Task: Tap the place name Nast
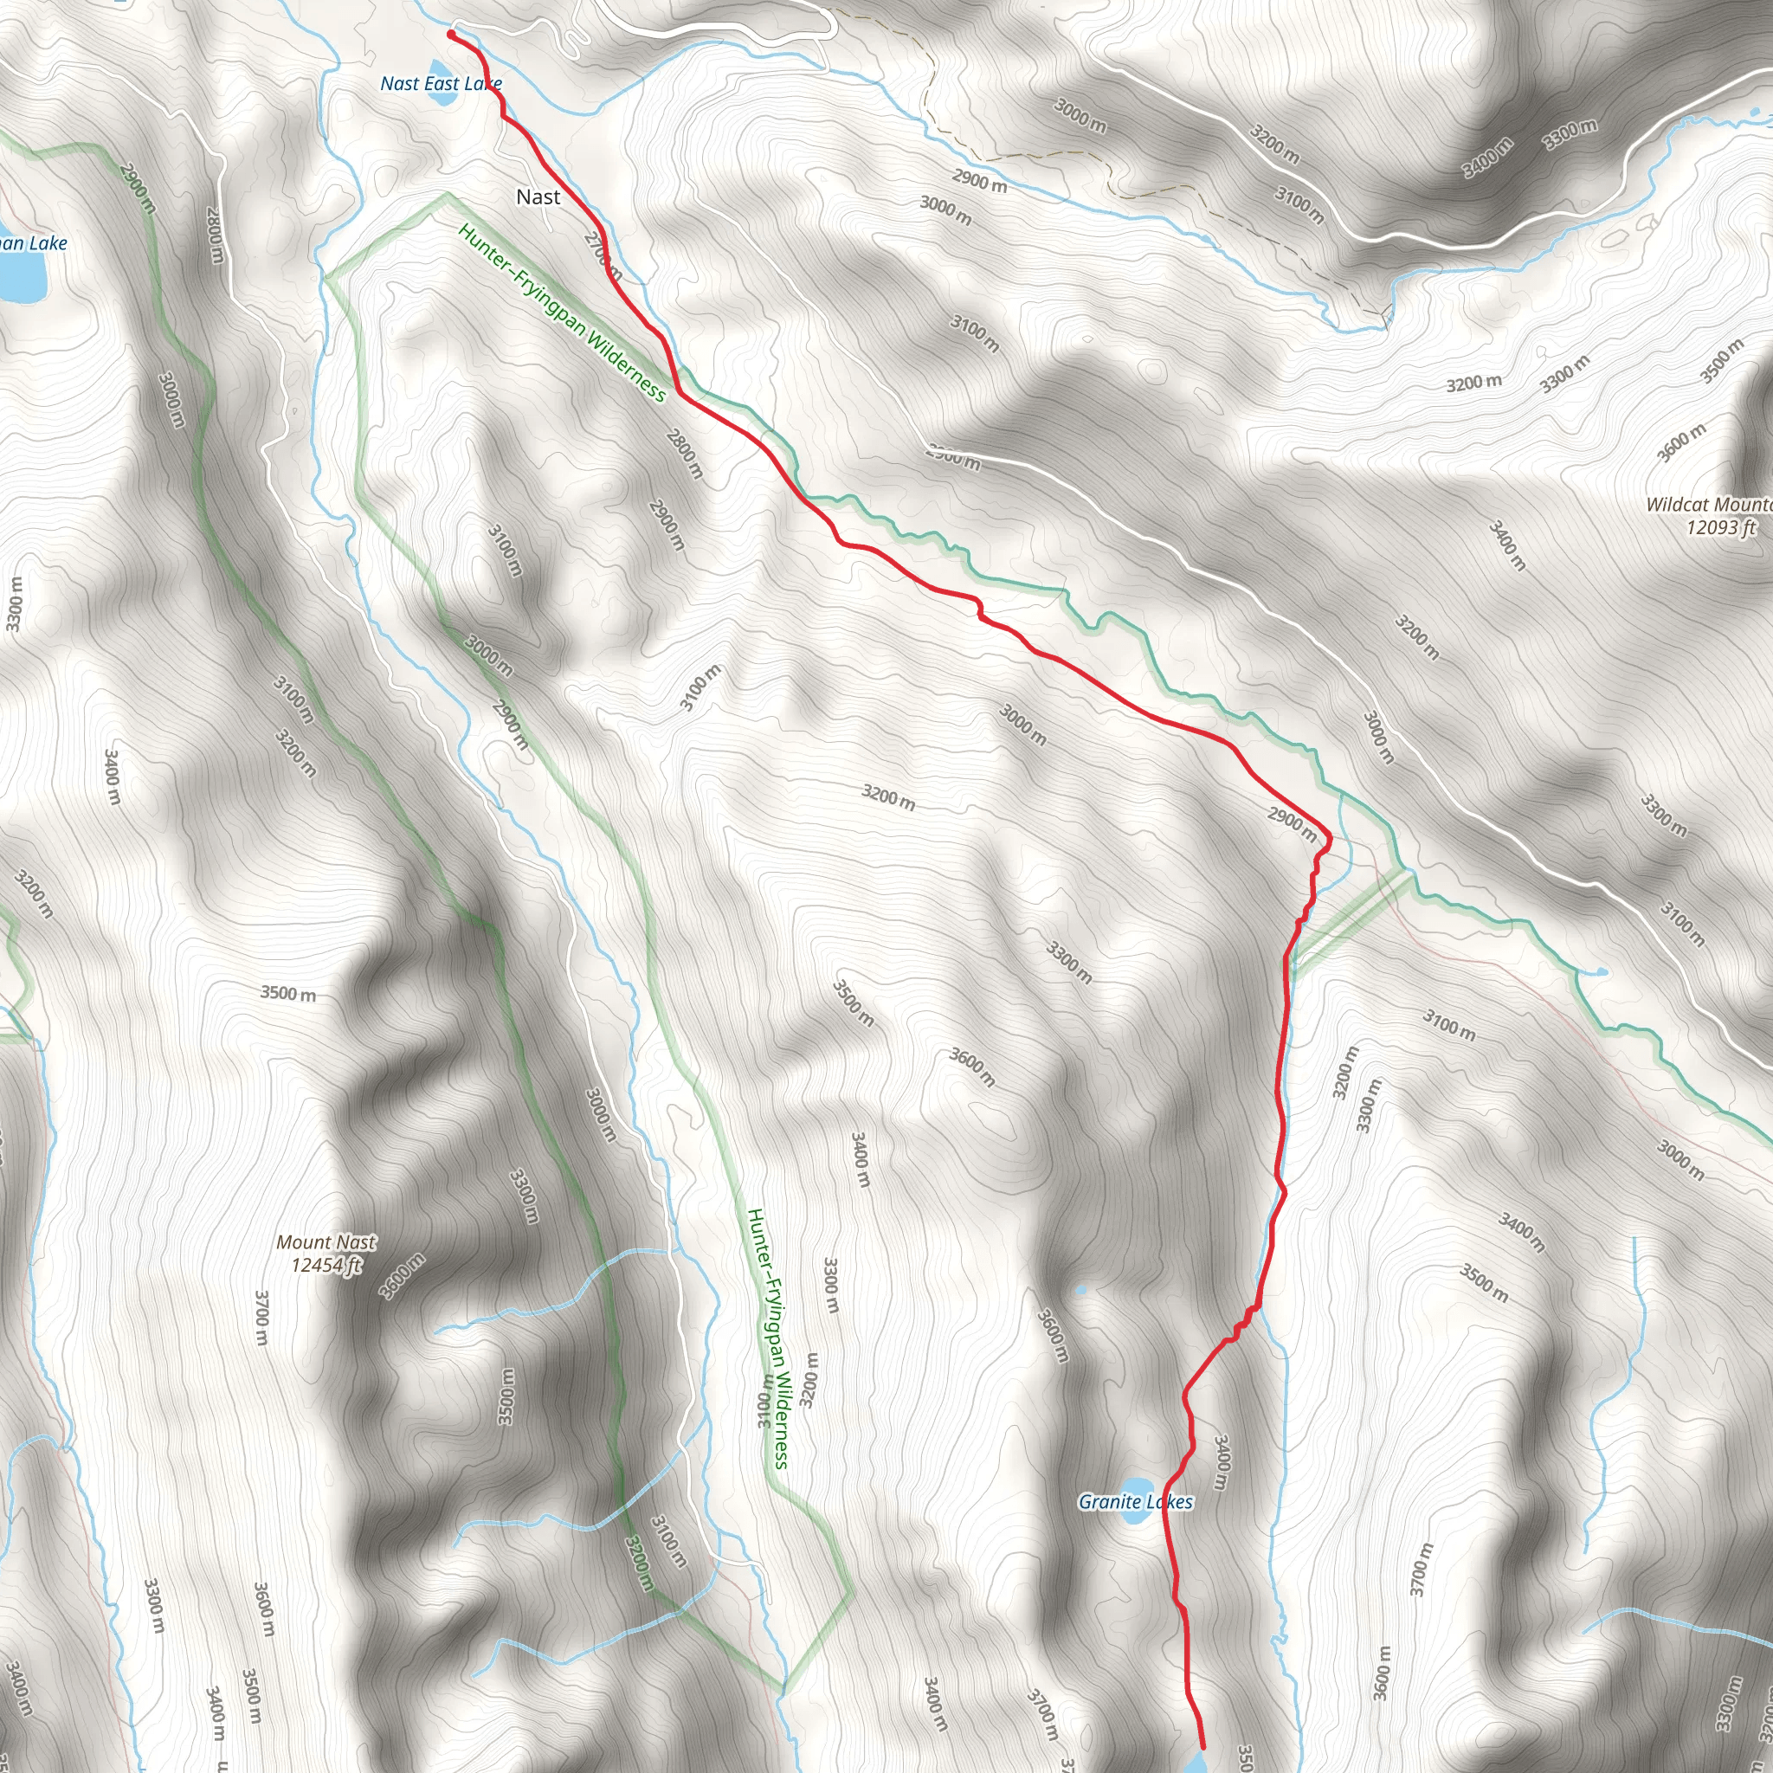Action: (x=538, y=197)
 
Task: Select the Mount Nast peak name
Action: (x=326, y=1242)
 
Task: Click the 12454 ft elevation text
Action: (x=326, y=1266)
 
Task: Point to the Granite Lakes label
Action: (x=1135, y=1502)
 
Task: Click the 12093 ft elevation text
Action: (x=1721, y=528)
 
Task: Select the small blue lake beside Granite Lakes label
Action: (x=1138, y=1486)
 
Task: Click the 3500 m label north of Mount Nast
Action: (x=288, y=993)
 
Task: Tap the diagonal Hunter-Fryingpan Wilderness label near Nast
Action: (x=562, y=313)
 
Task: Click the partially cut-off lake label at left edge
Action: (x=33, y=243)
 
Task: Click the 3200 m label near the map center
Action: (x=887, y=796)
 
